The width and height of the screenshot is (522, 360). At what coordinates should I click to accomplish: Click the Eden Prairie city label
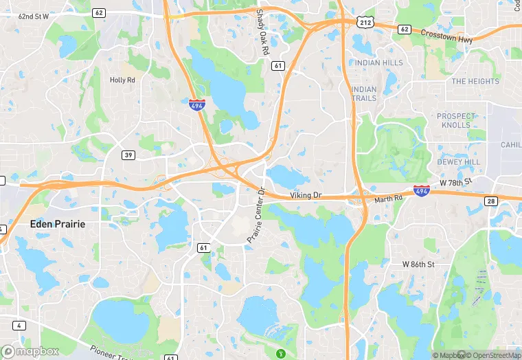[58, 224]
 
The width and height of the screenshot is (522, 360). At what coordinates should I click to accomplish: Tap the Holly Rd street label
[123, 80]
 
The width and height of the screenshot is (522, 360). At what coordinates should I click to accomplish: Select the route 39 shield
[128, 155]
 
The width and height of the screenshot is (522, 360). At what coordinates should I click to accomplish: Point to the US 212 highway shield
[365, 22]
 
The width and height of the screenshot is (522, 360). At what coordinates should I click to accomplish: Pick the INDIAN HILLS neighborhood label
[378, 63]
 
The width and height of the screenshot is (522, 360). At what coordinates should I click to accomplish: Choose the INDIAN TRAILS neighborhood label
[363, 93]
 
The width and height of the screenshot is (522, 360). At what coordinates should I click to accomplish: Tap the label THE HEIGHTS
[475, 81]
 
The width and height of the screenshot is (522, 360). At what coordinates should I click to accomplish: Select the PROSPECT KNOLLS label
[456, 120]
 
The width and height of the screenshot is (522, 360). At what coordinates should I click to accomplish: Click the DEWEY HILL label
[459, 162]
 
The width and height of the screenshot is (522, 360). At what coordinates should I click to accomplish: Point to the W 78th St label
[457, 182]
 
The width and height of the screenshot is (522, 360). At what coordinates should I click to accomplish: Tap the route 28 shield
[490, 201]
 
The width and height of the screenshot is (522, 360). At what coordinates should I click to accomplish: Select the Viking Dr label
[306, 196]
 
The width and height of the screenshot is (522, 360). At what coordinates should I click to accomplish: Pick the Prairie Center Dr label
[256, 215]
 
